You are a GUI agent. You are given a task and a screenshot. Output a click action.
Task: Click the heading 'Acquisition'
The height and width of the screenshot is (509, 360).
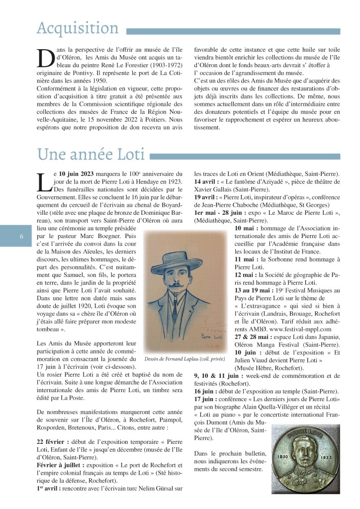pos(77,28)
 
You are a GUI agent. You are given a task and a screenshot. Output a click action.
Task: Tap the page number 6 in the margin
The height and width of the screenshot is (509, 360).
pos(22,236)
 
